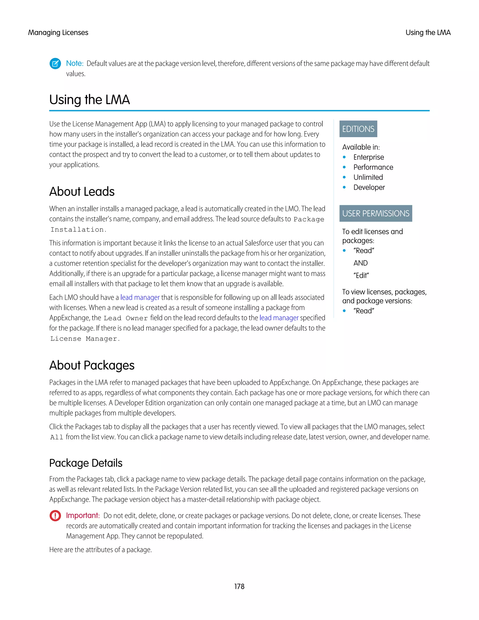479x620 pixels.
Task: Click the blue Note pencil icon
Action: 55,63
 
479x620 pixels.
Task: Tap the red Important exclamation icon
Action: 55,515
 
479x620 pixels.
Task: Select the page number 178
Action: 239,587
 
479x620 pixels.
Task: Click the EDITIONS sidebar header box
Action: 358,129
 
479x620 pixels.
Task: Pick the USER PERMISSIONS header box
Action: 375,213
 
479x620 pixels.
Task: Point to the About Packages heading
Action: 92,365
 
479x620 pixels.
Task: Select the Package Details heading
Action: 86,463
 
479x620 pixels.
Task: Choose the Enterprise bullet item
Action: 368,157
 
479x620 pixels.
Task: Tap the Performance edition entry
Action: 373,167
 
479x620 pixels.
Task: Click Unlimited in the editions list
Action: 368,177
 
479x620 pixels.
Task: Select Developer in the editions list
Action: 369,187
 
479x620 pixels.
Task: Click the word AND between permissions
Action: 360,263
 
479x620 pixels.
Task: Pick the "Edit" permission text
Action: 361,275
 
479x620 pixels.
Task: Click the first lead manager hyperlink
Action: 140,298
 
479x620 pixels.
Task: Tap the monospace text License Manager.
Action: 85,339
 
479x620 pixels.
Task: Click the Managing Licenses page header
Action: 58,33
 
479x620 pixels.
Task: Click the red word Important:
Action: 83,515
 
